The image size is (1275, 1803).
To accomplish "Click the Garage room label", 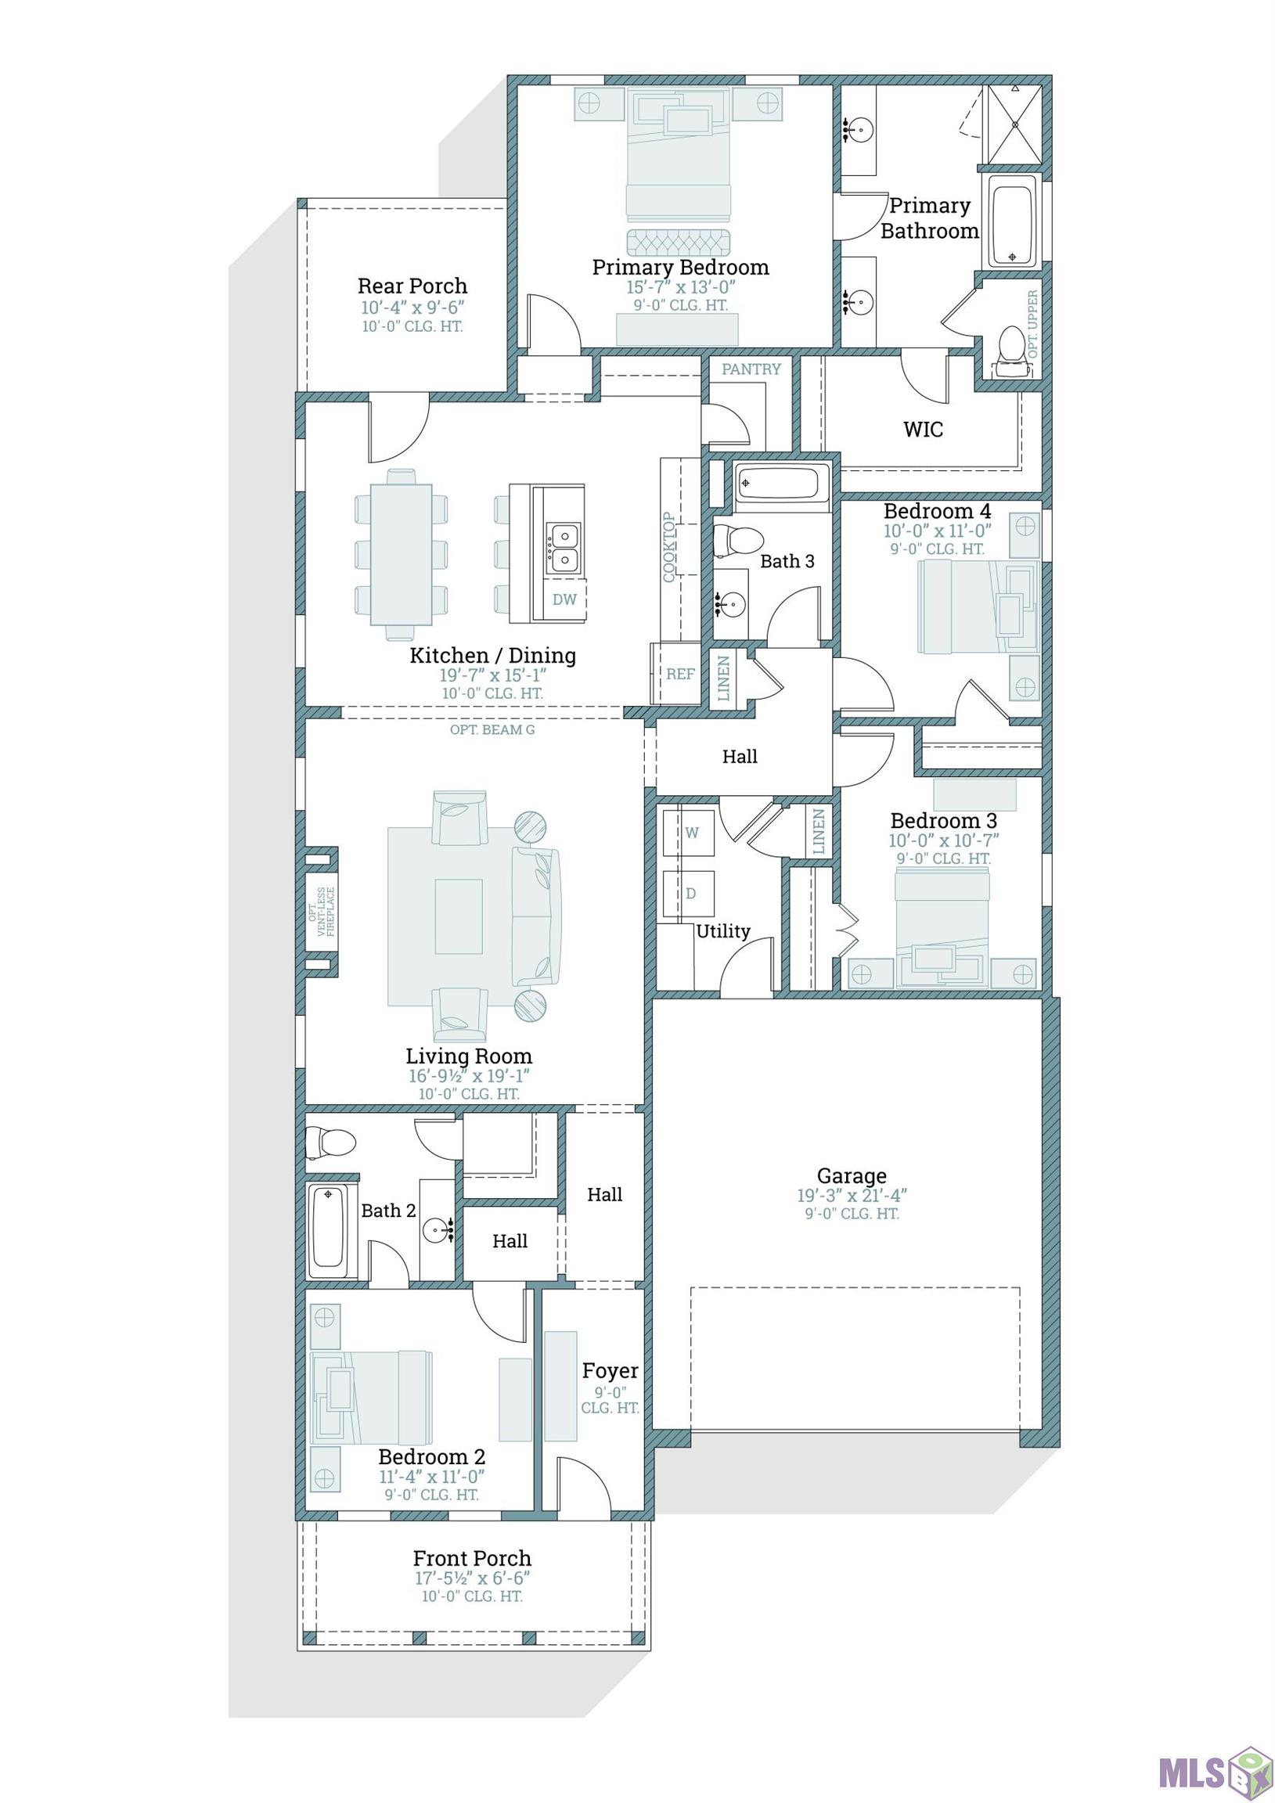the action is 852,1175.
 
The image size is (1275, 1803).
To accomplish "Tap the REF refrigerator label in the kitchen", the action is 680,674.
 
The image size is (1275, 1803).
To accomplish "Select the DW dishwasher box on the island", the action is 564,600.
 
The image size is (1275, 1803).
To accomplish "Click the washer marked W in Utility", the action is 689,833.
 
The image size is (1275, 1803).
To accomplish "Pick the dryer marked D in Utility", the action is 689,894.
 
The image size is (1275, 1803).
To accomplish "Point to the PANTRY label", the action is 751,369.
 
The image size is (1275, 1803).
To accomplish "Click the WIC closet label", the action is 923,430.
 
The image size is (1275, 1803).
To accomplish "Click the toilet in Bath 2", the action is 330,1141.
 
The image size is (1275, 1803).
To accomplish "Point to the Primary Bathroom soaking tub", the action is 1013,221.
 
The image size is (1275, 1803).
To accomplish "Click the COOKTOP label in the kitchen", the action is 669,546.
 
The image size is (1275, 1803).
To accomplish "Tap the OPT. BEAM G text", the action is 492,729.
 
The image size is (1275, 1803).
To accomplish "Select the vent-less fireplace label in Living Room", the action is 322,912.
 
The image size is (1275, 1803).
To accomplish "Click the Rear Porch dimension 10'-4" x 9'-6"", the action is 412,308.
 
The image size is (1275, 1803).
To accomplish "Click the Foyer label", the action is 610,1370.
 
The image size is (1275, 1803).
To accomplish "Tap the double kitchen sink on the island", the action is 564,548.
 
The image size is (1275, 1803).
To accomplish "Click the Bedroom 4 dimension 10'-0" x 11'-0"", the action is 937,531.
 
